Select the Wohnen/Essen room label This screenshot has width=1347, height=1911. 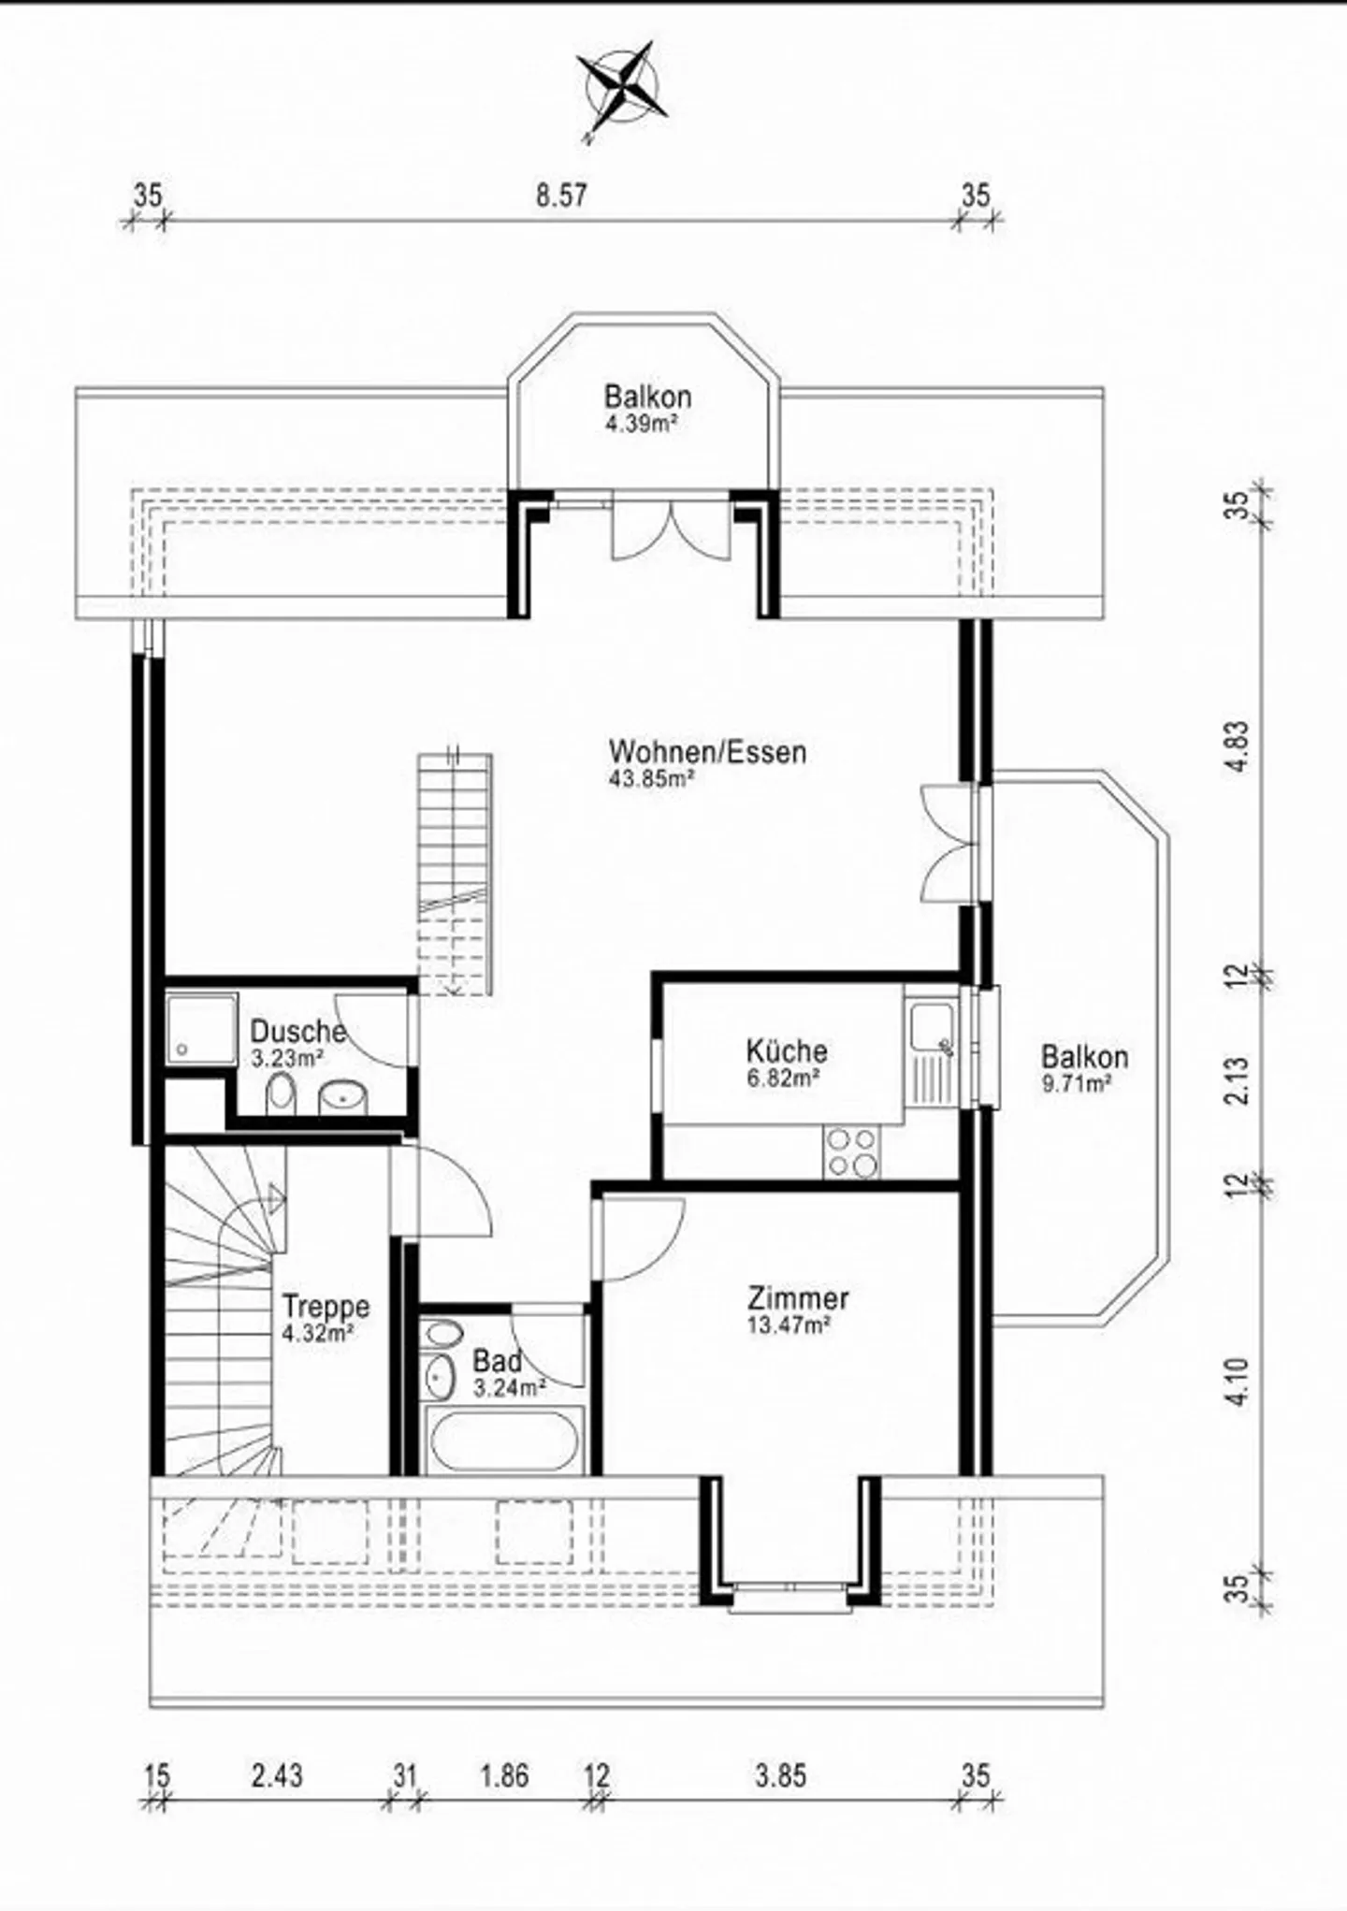[707, 751]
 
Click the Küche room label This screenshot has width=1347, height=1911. [787, 1050]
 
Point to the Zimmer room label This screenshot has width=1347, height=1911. [798, 1298]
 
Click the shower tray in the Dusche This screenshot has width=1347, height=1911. [202, 1029]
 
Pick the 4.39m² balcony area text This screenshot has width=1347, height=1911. [641, 423]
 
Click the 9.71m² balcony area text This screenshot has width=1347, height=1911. [1076, 1083]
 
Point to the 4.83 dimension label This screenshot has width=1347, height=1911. [1238, 746]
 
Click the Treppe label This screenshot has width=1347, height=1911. [326, 1306]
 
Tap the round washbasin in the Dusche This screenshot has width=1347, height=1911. [343, 1097]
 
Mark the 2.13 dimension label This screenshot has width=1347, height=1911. [1238, 1079]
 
